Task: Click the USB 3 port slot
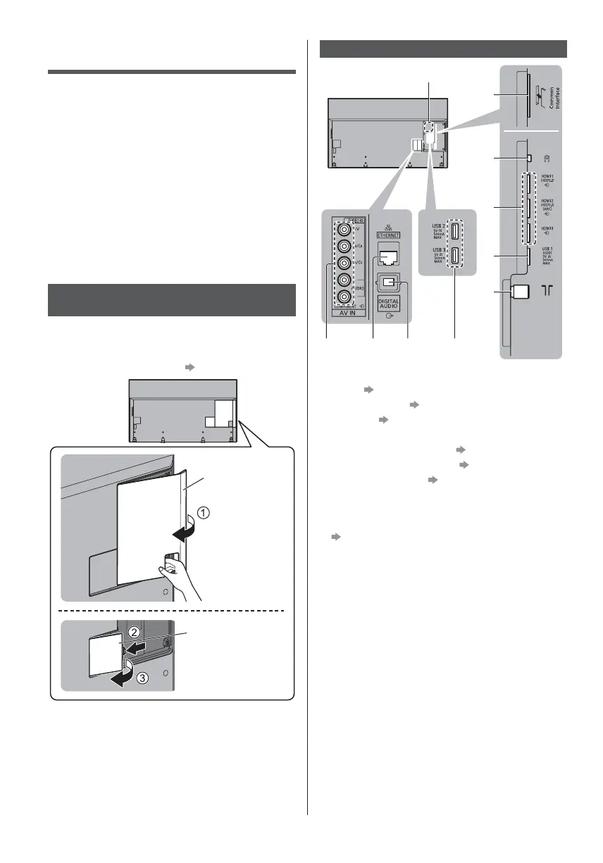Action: click(x=456, y=259)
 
